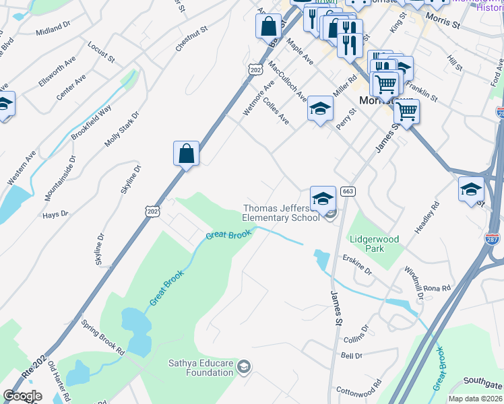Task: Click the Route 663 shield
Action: (x=348, y=192)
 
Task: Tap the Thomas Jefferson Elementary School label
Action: (x=281, y=213)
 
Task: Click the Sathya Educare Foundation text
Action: (x=200, y=368)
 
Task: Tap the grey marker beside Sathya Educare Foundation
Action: (x=244, y=367)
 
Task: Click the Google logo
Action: (x=22, y=396)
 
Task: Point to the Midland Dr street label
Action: (x=53, y=28)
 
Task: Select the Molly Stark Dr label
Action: (x=122, y=129)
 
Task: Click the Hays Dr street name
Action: (x=55, y=214)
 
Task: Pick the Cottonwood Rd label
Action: (x=360, y=391)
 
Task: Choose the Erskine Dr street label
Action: (x=357, y=265)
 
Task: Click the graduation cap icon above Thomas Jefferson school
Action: (x=323, y=197)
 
